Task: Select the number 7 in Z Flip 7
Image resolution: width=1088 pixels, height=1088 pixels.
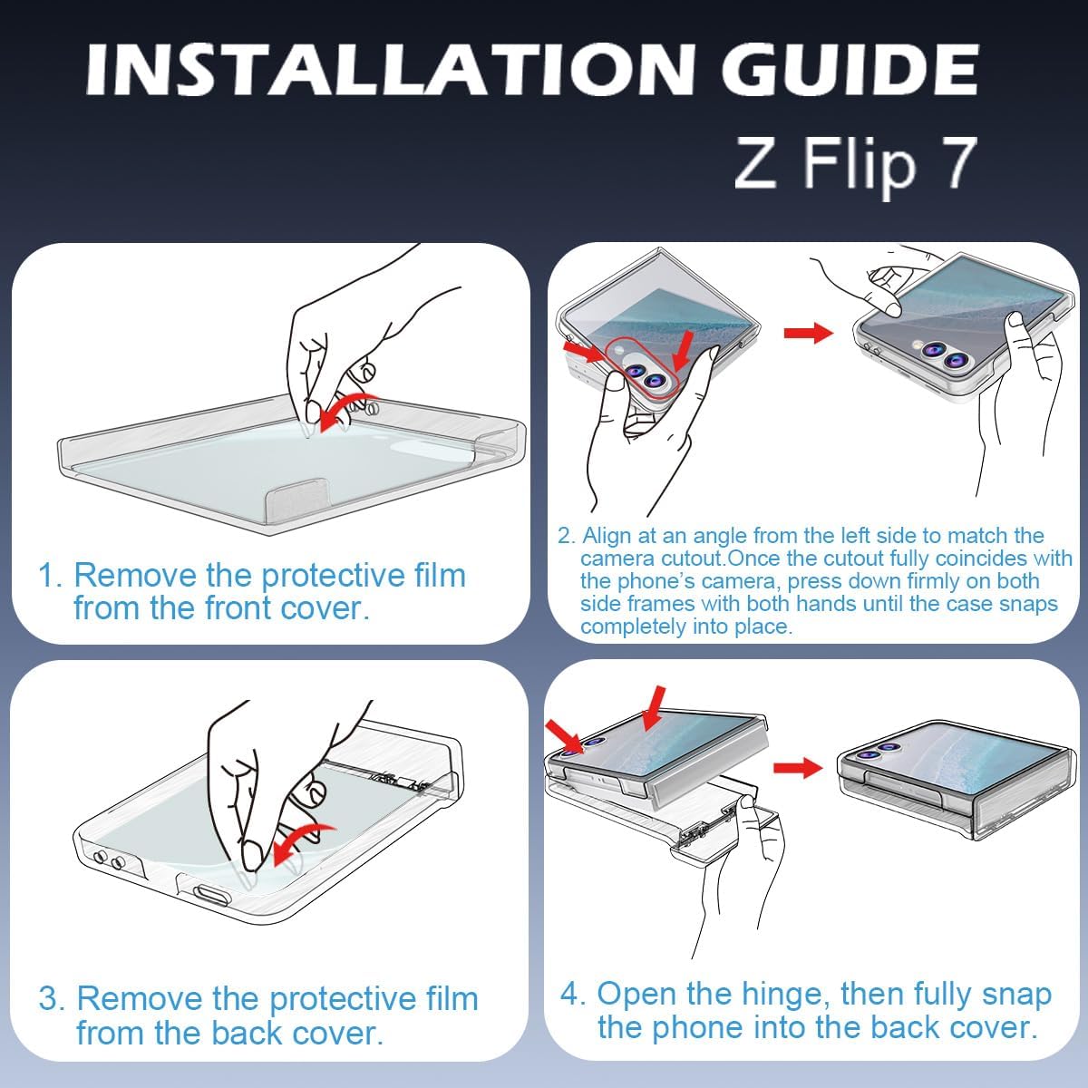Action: (x=957, y=163)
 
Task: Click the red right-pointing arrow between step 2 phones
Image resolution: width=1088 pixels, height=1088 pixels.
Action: (x=809, y=333)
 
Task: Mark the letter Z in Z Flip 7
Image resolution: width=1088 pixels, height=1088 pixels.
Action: (x=755, y=163)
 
